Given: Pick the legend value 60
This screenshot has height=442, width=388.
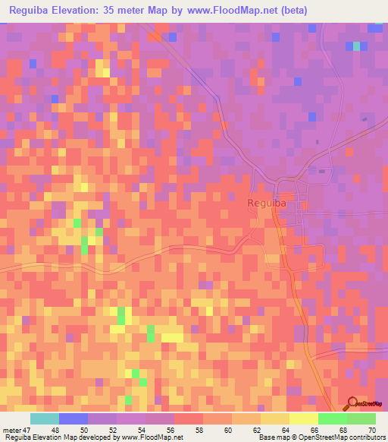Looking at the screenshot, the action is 227,430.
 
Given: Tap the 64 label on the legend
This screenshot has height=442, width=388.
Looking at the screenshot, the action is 285,430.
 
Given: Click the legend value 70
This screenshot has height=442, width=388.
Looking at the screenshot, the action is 371,430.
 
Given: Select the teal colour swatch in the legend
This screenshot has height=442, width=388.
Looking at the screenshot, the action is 45,418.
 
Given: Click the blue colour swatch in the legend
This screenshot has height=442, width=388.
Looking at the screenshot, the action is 74,418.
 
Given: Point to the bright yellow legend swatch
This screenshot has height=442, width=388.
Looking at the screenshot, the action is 303,418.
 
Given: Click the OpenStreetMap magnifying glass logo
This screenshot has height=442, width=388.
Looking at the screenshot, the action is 352,403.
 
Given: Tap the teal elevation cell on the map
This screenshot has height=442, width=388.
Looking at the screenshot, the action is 356,46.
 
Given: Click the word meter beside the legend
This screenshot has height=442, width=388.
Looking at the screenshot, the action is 13,430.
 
